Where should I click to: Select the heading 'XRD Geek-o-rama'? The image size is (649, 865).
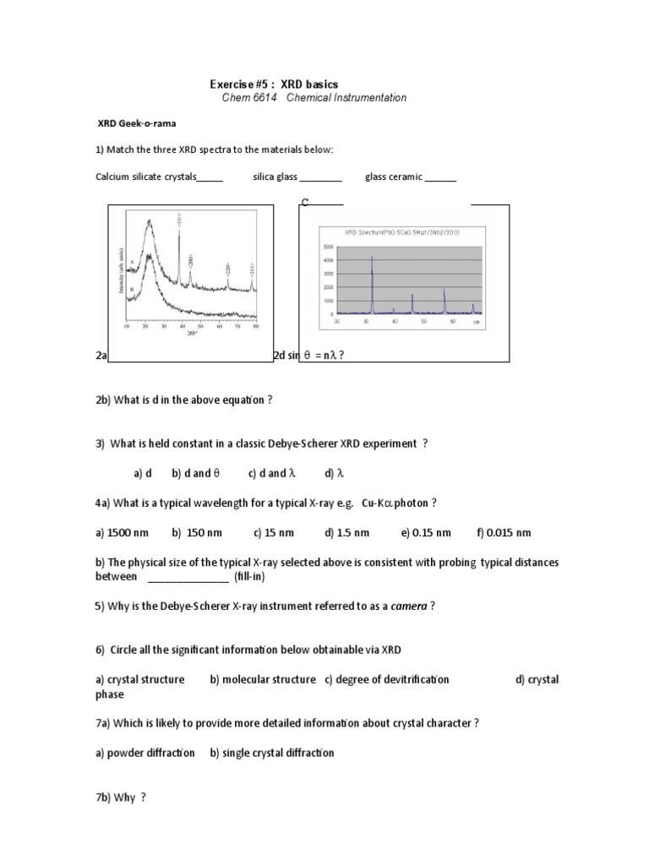[x=136, y=122]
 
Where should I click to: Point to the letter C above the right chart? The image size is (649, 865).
[x=305, y=203]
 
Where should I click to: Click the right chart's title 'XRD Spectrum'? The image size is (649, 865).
[x=366, y=231]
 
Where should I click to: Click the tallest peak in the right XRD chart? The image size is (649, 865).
[x=372, y=258]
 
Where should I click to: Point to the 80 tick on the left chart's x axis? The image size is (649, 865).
[x=255, y=326]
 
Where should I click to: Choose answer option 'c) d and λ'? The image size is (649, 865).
[x=271, y=473]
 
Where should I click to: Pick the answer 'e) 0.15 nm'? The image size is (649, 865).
[x=427, y=533]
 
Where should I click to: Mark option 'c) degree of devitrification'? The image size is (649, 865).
[x=386, y=679]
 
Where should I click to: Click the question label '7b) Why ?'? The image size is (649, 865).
[x=121, y=797]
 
